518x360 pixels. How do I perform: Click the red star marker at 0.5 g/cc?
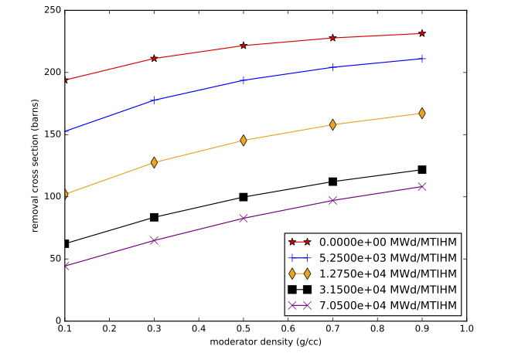click(x=244, y=46)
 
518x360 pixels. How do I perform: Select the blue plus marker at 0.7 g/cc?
click(x=332, y=67)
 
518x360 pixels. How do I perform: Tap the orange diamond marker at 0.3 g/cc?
click(x=154, y=162)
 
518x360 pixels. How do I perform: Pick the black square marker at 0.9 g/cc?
click(x=422, y=169)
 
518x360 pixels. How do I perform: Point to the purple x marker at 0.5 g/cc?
click(x=244, y=218)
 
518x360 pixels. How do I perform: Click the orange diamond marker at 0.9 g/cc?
click(x=422, y=114)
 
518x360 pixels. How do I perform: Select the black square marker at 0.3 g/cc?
click(x=154, y=217)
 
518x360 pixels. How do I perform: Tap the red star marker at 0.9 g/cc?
click(x=422, y=33)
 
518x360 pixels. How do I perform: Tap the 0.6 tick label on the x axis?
click(x=288, y=328)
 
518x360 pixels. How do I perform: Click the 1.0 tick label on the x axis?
click(x=466, y=328)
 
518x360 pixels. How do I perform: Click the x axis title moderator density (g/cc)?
click(x=265, y=342)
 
